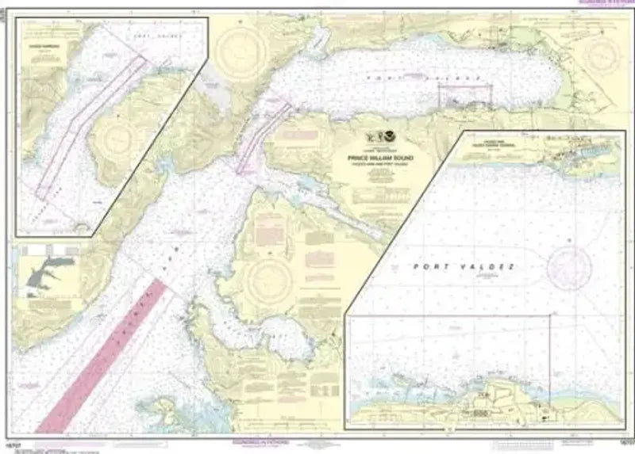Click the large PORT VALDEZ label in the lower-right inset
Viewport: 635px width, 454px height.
464,267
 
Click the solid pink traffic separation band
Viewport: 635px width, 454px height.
103,357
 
